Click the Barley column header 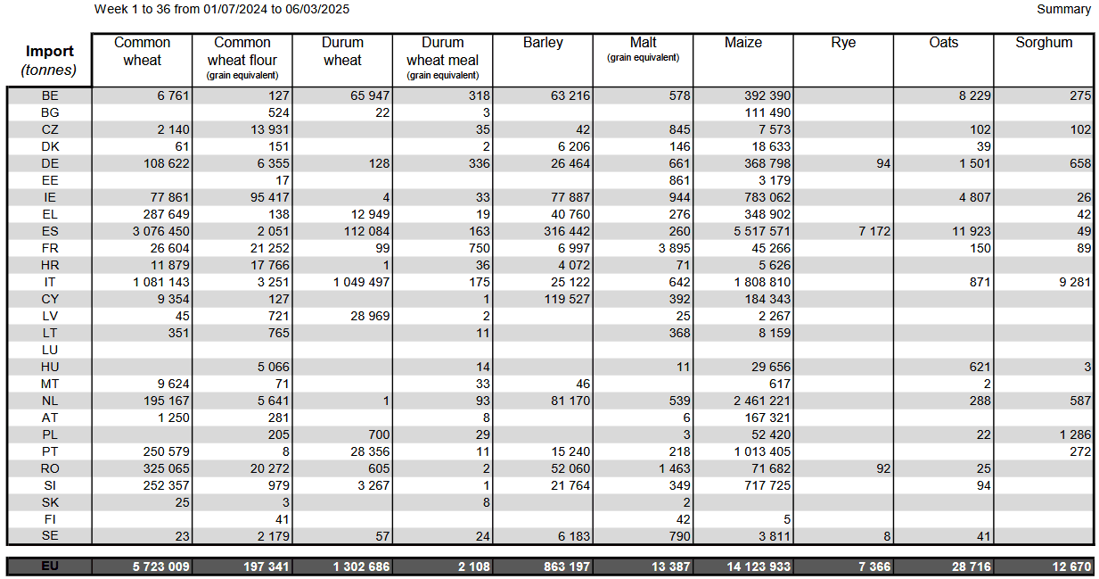point(543,43)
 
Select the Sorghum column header point(1044,43)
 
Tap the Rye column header point(843,43)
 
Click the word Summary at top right point(1063,9)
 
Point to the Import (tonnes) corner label point(49,61)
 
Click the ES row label point(50,231)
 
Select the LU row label point(50,350)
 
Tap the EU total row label point(50,567)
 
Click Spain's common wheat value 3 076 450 point(161,231)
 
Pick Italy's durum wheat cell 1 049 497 point(362,283)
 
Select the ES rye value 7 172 point(874,231)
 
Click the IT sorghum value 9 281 point(1075,283)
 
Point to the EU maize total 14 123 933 point(759,567)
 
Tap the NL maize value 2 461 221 point(762,401)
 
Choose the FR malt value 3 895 point(674,249)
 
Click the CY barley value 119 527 point(567,300)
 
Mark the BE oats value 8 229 point(975,95)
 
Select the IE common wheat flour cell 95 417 point(270,197)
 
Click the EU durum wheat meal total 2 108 point(474,567)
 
